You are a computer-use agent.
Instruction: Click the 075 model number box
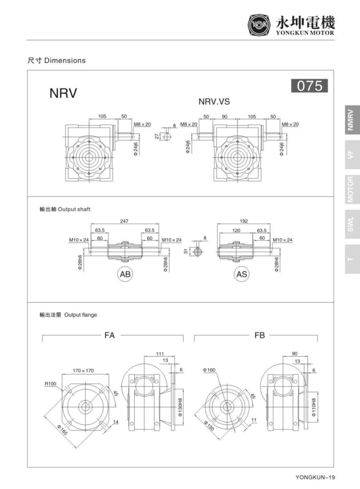click(310, 86)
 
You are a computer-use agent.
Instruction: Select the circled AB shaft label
click(125, 274)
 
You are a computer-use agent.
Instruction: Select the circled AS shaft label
click(242, 274)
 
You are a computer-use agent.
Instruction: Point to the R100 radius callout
click(50, 383)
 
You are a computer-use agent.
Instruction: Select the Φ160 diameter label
click(210, 370)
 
